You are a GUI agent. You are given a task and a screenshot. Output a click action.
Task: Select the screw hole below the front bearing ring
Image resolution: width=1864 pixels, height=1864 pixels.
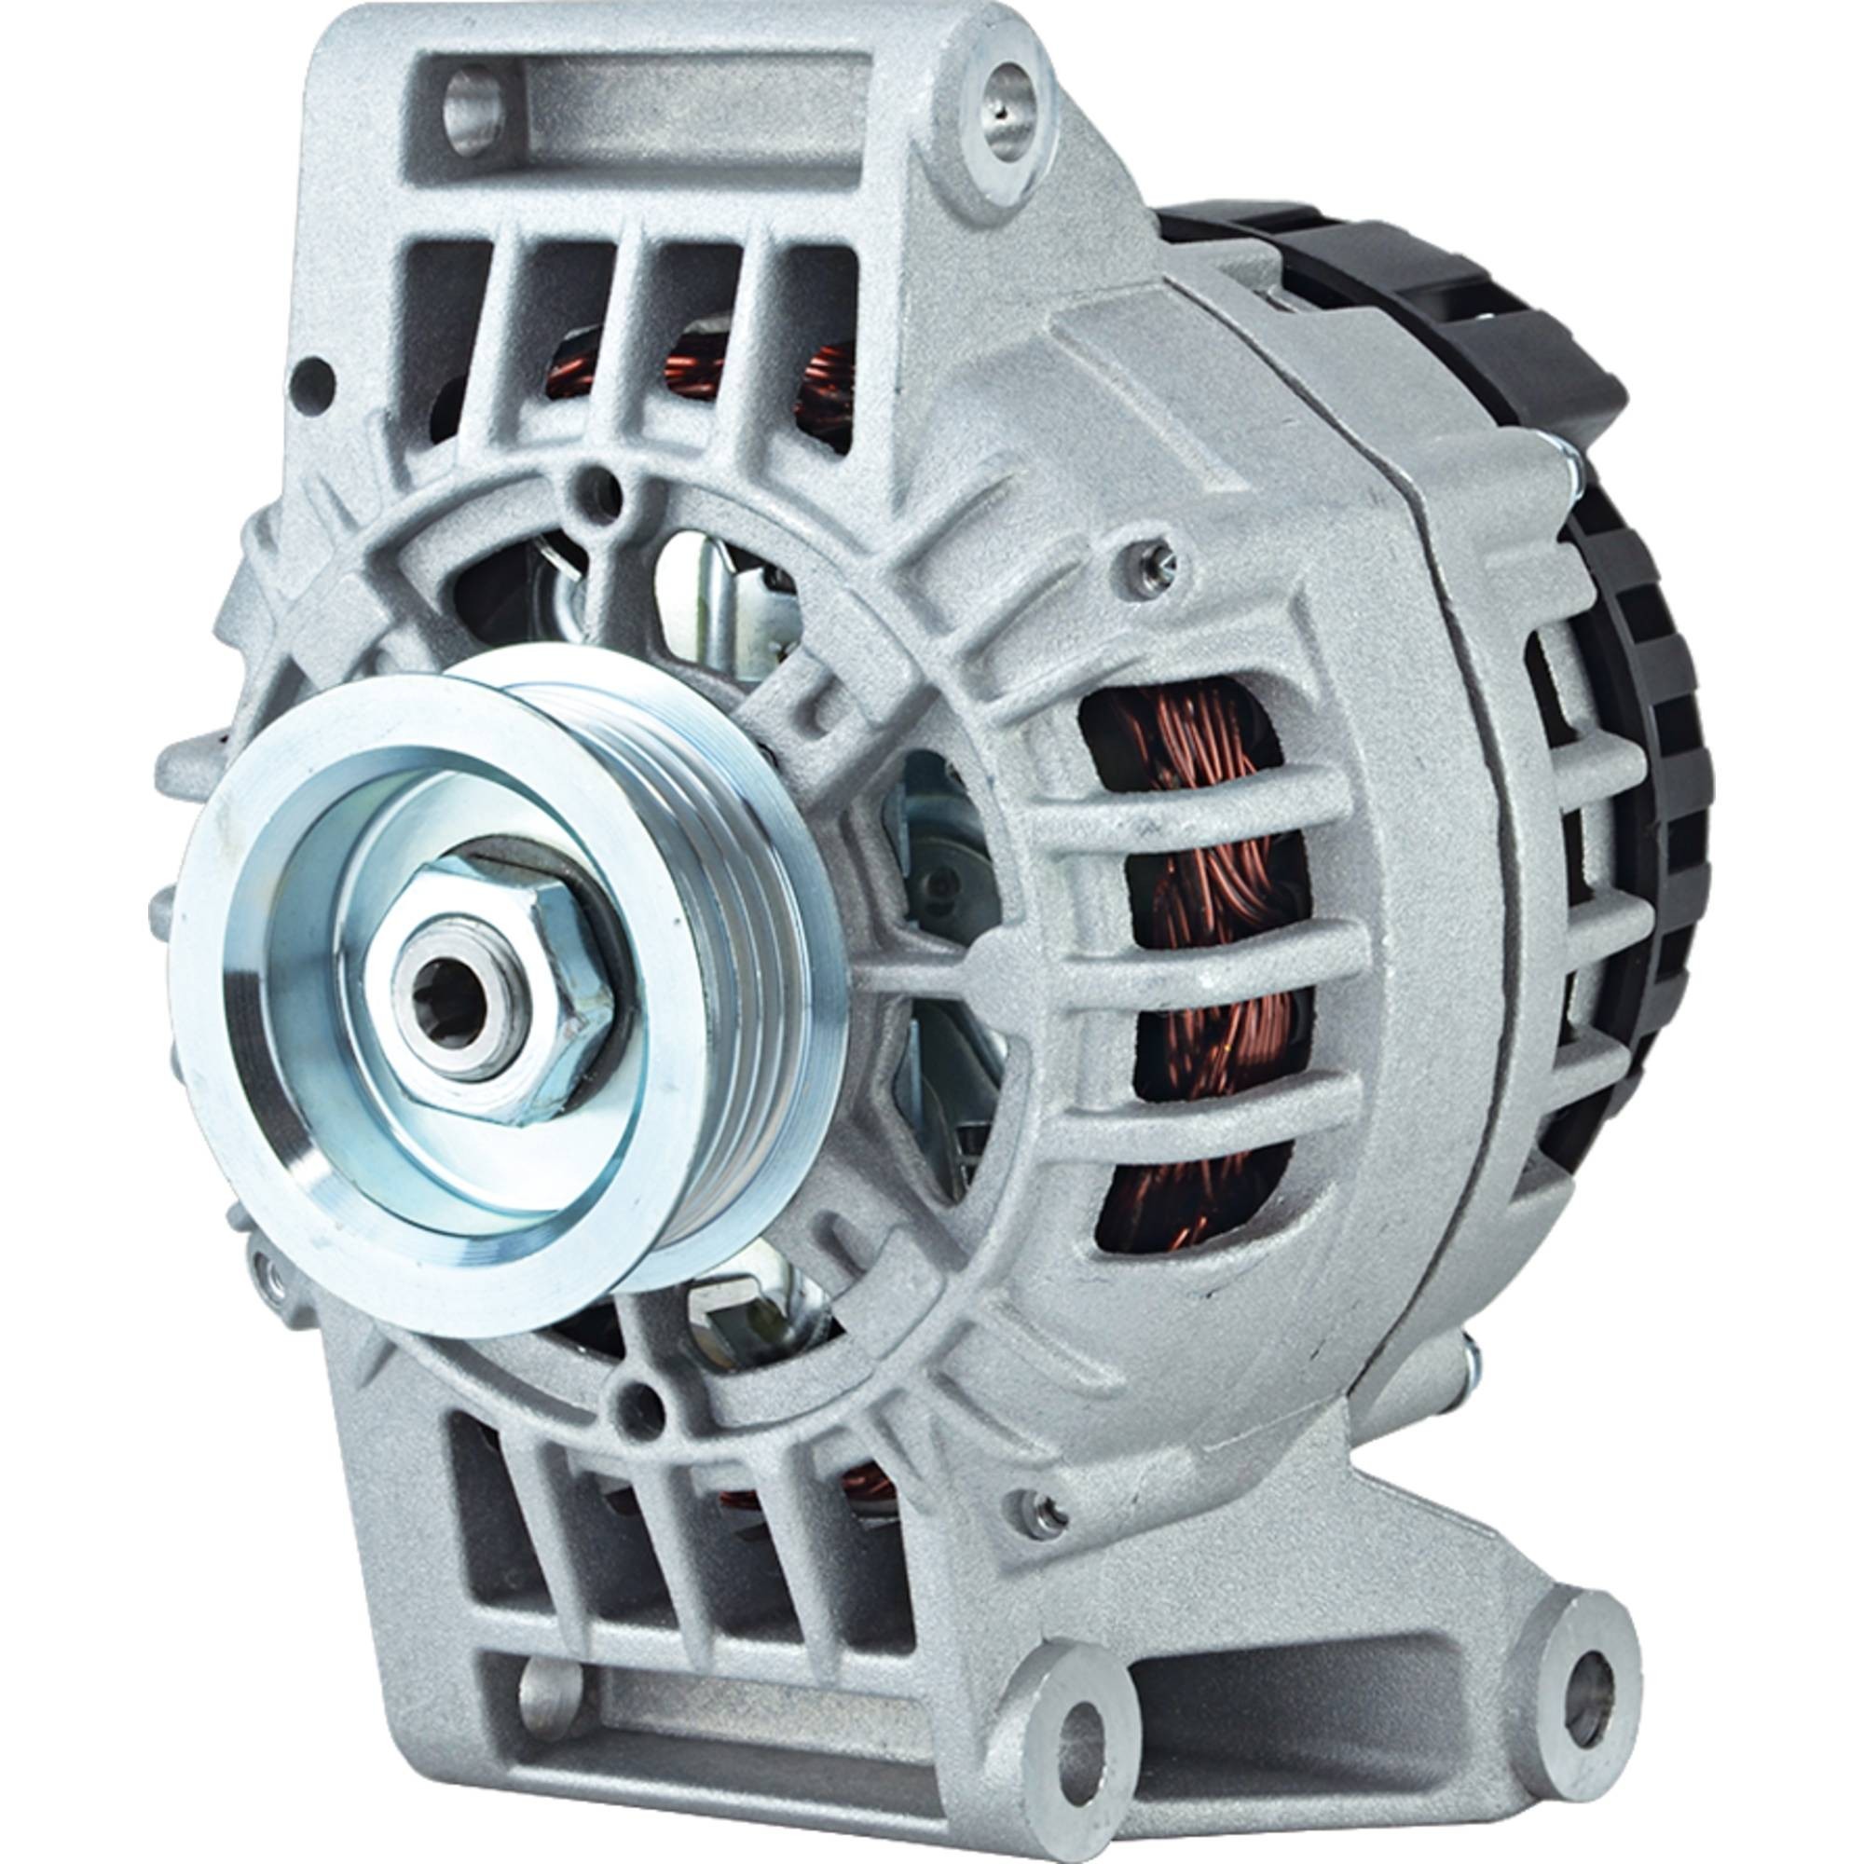pos(636,1402)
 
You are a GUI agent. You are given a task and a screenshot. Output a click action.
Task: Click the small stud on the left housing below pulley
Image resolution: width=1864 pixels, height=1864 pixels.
pos(272,1281)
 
